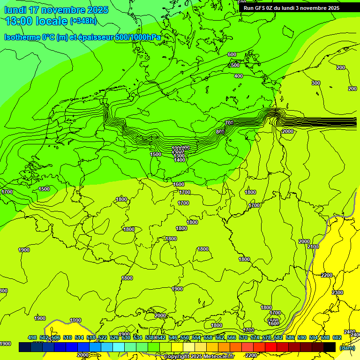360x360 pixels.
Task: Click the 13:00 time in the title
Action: [19, 21]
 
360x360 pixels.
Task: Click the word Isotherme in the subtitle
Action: [22, 37]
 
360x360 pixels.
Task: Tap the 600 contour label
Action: [232, 55]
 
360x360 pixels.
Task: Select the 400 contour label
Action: [239, 76]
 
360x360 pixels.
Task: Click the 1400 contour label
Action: [180, 160]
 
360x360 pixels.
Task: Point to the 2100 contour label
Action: [313, 247]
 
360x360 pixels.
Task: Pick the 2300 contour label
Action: [337, 292]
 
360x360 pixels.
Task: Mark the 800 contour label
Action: [220, 132]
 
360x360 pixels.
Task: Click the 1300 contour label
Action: [179, 156]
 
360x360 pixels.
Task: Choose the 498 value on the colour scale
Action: [32, 337]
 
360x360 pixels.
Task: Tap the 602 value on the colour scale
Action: [337, 337]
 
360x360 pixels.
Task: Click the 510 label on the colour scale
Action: [67, 337]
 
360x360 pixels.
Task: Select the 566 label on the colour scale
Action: [232, 337]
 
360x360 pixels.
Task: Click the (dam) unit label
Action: [347, 347]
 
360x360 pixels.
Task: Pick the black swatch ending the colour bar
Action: [330, 347]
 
